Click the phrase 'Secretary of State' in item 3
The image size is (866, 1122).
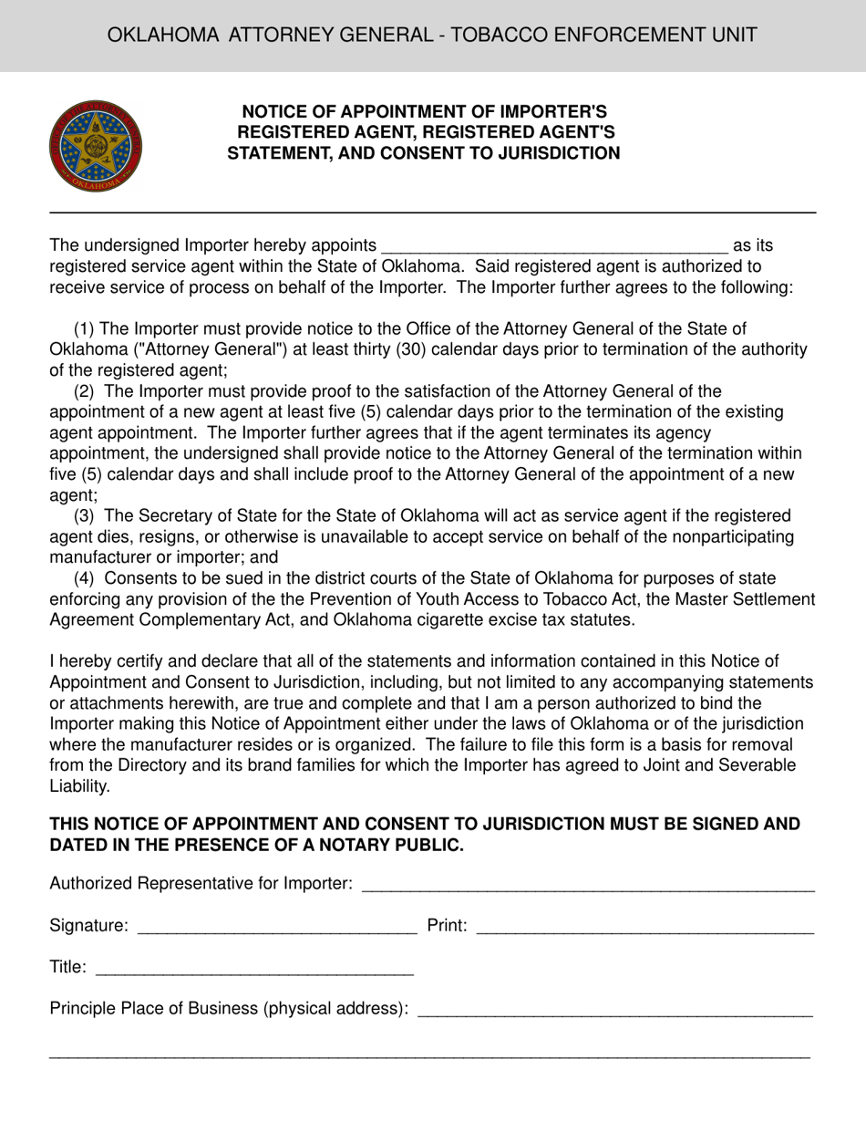(205, 516)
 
